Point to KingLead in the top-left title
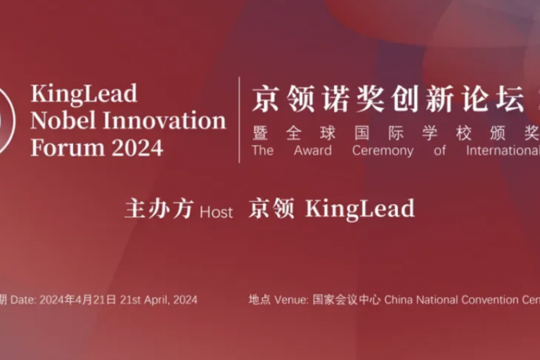tap(84, 94)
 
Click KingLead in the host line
tap(360, 209)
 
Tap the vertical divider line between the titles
tap(239, 120)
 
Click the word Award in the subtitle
tap(313, 150)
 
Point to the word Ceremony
tap(382, 151)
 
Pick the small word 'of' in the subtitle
tap(439, 150)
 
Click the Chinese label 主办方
tap(159, 209)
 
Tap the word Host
tap(217, 212)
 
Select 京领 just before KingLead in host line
tap(271, 208)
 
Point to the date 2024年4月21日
tap(78, 300)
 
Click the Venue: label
tap(291, 300)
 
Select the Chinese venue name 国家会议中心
tap(347, 300)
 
